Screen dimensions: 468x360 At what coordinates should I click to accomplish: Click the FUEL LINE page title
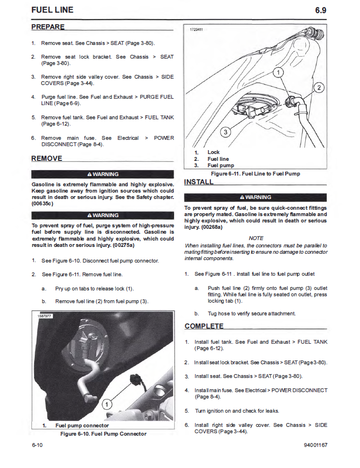(x=52, y=10)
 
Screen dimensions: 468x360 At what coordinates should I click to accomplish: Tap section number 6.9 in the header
(x=320, y=10)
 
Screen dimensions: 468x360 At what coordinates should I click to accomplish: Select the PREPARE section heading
(x=48, y=26)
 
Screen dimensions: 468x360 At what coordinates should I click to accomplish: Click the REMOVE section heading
(x=47, y=158)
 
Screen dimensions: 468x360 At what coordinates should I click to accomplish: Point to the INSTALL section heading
(x=199, y=182)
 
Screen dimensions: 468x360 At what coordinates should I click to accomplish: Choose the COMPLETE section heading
(x=204, y=326)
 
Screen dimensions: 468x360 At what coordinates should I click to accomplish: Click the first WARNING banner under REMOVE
(x=103, y=174)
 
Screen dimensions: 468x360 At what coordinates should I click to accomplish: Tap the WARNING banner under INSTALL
(x=255, y=197)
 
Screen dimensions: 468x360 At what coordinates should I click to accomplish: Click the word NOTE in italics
(x=256, y=238)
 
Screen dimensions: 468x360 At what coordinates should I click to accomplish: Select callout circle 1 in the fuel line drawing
(x=278, y=73)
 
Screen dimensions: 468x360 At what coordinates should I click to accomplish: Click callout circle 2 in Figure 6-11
(x=319, y=88)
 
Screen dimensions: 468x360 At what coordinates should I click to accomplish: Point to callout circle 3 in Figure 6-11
(x=225, y=132)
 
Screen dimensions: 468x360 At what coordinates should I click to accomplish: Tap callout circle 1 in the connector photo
(x=107, y=404)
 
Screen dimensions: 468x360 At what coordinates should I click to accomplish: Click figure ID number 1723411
(x=196, y=29)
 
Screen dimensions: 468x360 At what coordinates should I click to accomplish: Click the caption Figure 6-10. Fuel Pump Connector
(x=103, y=434)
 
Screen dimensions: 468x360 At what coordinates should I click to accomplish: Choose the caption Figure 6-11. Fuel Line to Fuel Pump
(x=255, y=174)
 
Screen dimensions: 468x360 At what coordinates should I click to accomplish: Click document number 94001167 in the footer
(x=315, y=445)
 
